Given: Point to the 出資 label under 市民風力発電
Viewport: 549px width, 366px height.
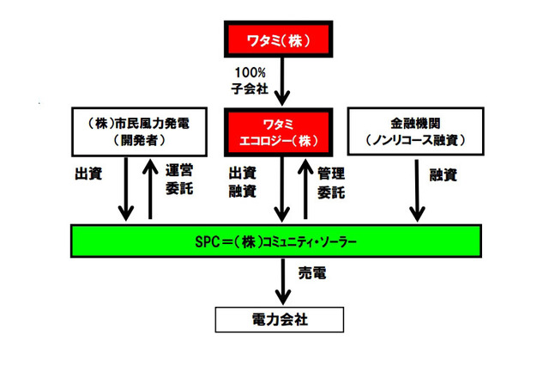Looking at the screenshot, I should point(88,173).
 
